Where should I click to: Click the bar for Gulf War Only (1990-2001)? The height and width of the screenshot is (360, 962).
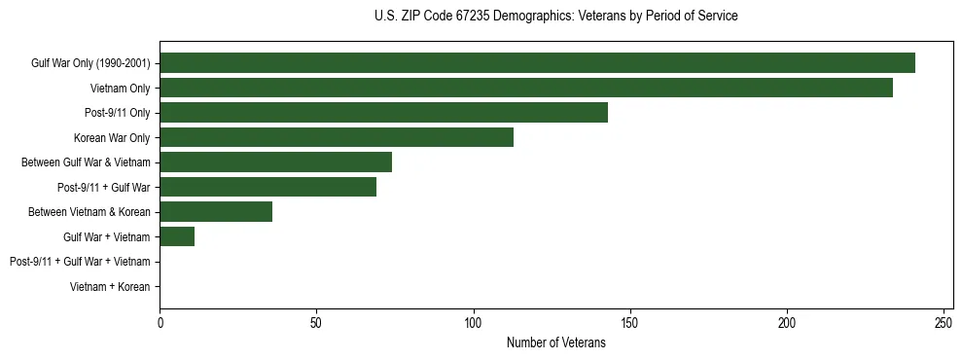[x=537, y=63]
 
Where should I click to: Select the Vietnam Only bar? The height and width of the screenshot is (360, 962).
[x=526, y=88]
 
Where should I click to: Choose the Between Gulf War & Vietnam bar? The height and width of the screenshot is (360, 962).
[x=275, y=162]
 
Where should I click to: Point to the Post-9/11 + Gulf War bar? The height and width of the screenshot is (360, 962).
[x=267, y=187]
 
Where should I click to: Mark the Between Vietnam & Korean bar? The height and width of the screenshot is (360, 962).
[x=216, y=212]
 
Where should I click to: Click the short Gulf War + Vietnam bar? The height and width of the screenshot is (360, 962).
[x=177, y=236]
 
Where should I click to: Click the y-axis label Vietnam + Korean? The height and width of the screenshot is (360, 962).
[x=110, y=287]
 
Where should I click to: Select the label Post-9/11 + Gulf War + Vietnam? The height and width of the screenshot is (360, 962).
[x=80, y=262]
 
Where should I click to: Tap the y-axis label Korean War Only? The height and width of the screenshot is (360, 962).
[x=112, y=138]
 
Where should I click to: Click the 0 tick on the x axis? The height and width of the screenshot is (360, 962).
[x=160, y=322]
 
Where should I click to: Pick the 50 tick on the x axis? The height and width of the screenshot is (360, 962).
[x=316, y=322]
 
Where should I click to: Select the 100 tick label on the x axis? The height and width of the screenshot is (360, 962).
[x=474, y=322]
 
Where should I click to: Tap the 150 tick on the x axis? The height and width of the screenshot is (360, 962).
[x=630, y=322]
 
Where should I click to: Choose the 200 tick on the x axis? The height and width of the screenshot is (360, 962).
[x=787, y=322]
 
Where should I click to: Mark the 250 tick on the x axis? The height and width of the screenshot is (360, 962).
[x=944, y=322]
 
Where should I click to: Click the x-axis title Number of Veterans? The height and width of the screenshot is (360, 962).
[x=555, y=342]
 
